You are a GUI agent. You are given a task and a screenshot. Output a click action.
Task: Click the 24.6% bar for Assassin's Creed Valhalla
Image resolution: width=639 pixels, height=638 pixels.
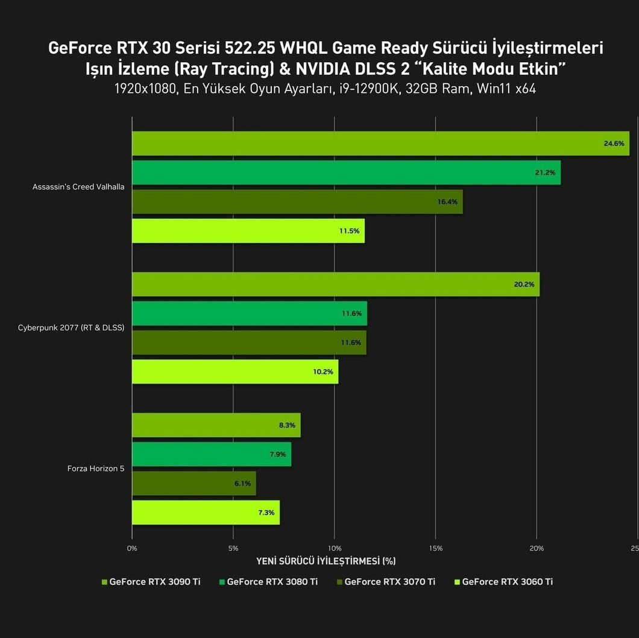coord(380,144)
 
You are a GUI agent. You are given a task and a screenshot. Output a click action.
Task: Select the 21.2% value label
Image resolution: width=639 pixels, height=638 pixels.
coord(546,172)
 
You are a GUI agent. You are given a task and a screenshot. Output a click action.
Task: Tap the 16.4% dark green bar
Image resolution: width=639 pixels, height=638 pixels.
coord(297,201)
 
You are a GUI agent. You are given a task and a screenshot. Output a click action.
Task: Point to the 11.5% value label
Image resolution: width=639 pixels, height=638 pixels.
coord(350,231)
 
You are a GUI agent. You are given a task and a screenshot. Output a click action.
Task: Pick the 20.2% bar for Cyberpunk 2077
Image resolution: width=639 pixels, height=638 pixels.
coord(335,284)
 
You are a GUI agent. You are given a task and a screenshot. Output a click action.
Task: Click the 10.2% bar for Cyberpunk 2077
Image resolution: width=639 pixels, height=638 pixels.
coord(235,371)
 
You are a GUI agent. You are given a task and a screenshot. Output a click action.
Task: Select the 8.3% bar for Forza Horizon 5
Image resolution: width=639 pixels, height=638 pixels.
coord(216,425)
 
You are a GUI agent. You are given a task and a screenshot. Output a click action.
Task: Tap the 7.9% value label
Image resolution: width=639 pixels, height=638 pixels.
coord(277,454)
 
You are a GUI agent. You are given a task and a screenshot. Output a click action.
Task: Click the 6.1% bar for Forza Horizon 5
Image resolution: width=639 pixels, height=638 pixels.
coord(194,483)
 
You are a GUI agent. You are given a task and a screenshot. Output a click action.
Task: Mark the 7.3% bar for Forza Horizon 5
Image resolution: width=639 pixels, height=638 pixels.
coord(206,513)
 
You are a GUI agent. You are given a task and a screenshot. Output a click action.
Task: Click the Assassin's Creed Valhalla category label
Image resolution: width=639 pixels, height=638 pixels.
coord(78,187)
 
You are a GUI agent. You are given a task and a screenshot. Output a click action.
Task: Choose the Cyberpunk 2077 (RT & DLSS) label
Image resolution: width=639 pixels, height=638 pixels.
coord(71,328)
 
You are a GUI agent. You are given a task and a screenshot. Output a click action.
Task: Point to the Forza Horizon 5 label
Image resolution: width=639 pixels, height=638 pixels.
coord(96,469)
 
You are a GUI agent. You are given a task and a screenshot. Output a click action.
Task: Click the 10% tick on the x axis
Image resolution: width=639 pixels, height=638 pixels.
coord(335,548)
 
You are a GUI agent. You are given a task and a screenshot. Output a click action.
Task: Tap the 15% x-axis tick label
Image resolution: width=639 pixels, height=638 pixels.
coord(436,548)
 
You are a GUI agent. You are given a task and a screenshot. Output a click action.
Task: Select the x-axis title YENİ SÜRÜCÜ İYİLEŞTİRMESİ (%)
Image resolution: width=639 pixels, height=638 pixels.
coord(326,561)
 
